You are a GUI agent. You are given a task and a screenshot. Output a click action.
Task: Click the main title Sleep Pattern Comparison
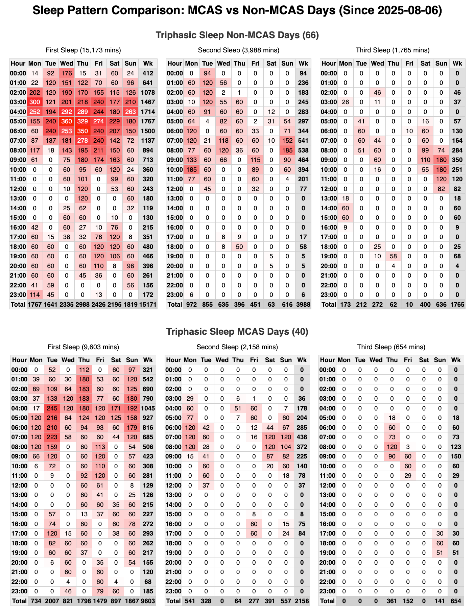click(237, 10)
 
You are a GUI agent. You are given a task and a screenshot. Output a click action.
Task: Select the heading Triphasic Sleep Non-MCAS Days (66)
click(237, 35)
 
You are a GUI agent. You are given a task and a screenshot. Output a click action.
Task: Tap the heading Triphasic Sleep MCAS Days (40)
click(237, 332)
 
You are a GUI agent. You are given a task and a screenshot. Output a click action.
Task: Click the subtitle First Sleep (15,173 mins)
click(83, 50)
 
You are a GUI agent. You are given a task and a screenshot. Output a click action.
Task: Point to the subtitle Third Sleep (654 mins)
click(391, 347)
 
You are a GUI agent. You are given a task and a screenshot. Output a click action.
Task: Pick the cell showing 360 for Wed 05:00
click(67, 121)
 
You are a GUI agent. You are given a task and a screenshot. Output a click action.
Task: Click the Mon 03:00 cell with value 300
click(35, 102)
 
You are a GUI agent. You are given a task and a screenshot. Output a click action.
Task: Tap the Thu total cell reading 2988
click(83, 304)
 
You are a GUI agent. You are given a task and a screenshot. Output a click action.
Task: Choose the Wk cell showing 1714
click(148, 112)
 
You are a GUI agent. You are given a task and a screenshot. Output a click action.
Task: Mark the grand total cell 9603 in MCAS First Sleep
click(148, 601)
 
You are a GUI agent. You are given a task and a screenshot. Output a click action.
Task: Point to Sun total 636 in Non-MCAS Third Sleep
click(441, 304)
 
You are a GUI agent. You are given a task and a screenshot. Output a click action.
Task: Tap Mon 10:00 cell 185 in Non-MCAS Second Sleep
click(191, 169)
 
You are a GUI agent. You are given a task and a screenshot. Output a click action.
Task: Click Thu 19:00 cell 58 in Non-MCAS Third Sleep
click(393, 256)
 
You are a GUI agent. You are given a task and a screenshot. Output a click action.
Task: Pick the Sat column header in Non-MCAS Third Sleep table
click(425, 63)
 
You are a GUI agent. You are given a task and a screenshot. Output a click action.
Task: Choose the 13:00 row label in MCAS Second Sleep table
click(173, 495)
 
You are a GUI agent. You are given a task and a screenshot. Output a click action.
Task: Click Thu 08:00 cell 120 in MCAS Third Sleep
click(392, 447)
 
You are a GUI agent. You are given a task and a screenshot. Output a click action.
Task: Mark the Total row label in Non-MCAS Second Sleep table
click(175, 304)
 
